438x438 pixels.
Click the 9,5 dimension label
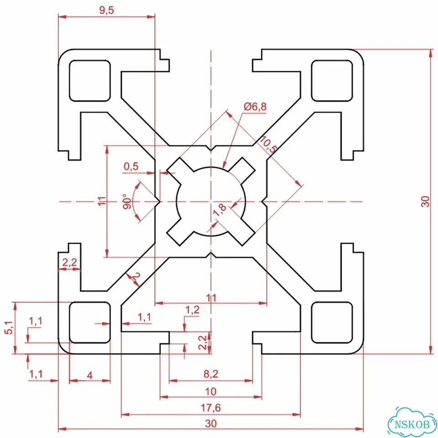click(106, 10)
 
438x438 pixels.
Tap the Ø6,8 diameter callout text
click(255, 106)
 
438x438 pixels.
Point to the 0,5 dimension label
click(131, 167)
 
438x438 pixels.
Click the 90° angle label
click(127, 201)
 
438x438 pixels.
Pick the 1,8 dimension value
click(220, 209)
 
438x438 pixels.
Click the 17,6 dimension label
click(211, 408)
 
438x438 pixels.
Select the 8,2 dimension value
click(211, 374)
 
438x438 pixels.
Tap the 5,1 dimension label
click(9, 328)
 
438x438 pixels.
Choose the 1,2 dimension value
click(192, 310)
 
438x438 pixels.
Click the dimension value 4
click(90, 375)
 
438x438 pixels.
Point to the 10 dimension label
click(211, 391)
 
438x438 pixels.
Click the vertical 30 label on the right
click(425, 201)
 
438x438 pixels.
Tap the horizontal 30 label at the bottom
click(211, 423)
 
